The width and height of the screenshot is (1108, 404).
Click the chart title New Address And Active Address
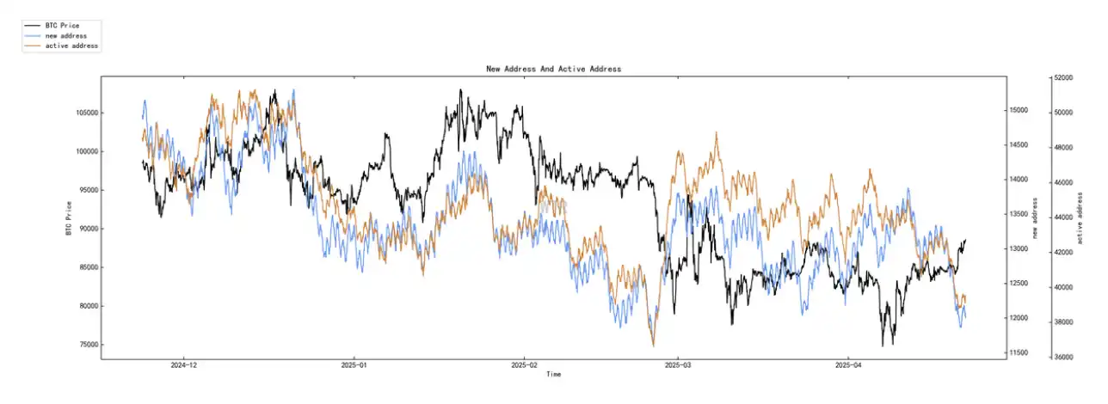coord(553,69)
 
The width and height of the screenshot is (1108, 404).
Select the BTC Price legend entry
coord(62,26)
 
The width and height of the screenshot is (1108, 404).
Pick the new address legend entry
coord(65,35)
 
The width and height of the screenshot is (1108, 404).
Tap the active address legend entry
coord(71,45)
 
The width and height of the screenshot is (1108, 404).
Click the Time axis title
coord(553,375)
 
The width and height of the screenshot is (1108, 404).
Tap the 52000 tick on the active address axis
coord(1063,78)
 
